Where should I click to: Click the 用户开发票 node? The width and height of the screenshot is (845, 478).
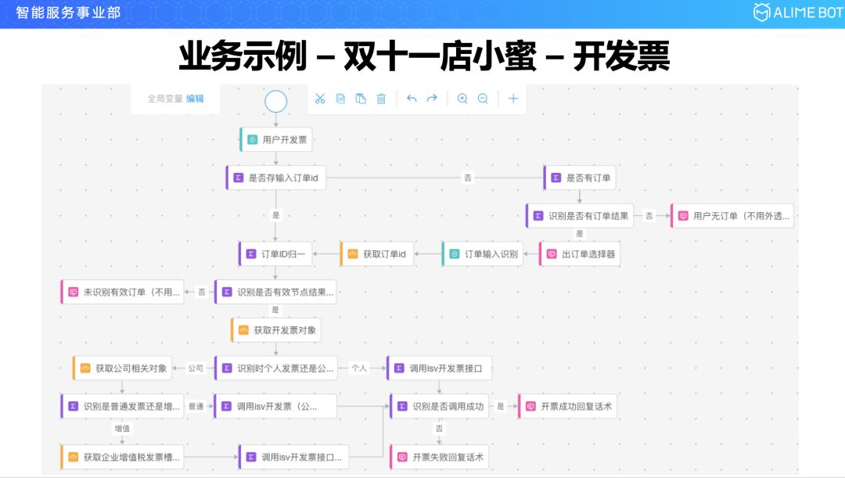click(277, 140)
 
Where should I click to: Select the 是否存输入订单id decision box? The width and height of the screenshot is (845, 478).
click(275, 178)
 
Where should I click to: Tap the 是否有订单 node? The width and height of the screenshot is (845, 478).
click(580, 178)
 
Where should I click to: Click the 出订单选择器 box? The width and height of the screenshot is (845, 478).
click(580, 254)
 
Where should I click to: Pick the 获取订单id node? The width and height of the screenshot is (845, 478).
click(376, 254)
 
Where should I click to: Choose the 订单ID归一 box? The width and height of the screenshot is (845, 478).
click(275, 254)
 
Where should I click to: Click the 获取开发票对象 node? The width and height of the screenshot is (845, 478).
click(275, 330)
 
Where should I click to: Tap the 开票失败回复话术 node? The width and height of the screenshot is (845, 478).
click(440, 457)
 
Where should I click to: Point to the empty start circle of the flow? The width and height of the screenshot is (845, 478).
click(276, 102)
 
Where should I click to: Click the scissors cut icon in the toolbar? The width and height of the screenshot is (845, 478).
click(319, 99)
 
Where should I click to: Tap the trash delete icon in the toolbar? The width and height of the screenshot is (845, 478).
click(381, 99)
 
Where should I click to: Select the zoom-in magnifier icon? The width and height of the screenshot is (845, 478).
click(462, 99)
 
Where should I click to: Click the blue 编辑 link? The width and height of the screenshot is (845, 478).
click(195, 99)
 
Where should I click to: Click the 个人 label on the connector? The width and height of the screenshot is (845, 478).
click(359, 368)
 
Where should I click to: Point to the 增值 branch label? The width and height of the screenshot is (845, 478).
click(122, 429)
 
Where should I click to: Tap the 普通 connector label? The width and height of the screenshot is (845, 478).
click(196, 407)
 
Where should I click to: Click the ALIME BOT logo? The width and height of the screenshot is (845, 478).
click(798, 13)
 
